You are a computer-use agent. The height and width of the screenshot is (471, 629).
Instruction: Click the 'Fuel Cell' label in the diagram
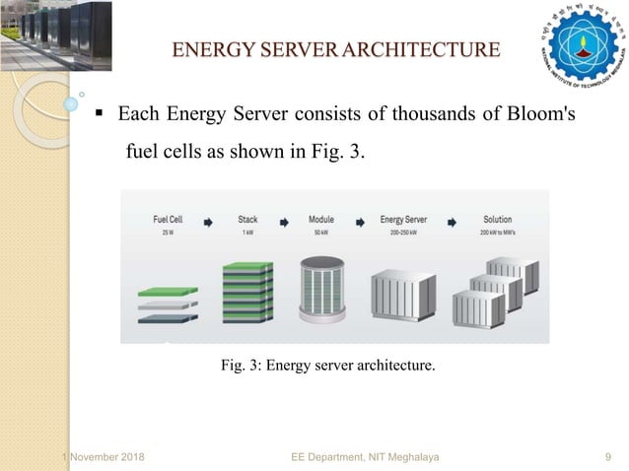168,220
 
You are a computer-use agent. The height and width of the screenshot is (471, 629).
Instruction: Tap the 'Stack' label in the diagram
247,220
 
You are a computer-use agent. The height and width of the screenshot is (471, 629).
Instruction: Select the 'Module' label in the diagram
321,220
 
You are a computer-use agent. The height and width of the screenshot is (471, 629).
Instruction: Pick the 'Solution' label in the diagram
497,220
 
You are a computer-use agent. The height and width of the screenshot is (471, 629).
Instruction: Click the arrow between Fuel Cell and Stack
208,223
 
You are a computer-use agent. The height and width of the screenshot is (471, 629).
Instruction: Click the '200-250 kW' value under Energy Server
398,232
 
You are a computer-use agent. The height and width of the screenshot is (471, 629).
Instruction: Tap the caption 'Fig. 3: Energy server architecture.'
326,366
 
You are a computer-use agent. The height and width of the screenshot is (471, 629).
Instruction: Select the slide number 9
607,458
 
